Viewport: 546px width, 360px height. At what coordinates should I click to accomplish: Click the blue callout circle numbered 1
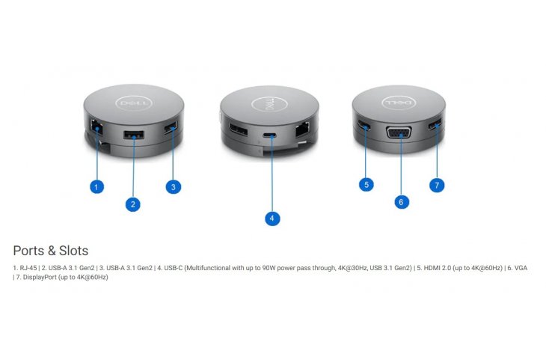pos(96,187)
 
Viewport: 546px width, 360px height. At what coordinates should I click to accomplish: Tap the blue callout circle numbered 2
pos(133,204)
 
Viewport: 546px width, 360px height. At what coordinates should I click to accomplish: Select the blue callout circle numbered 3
pos(174,187)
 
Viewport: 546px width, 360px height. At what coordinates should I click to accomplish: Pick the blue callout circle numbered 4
pos(272,219)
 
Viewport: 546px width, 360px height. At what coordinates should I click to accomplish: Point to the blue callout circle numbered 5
pos(366,184)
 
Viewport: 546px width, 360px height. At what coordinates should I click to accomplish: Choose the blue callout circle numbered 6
pos(402,201)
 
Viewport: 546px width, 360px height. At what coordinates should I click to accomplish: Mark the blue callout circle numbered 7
pos(438,184)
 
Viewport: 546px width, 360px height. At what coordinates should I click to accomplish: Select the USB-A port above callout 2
pos(134,135)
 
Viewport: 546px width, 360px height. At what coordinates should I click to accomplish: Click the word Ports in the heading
pos(31,251)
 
